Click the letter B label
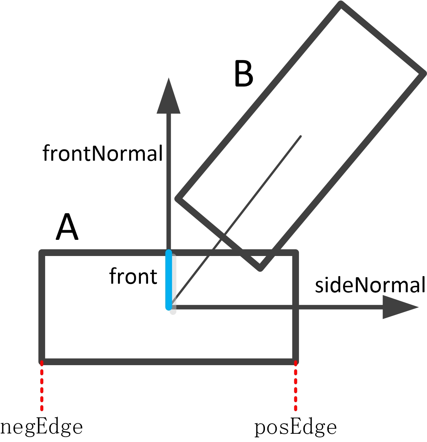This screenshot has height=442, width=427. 243,74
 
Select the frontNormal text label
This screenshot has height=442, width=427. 103,153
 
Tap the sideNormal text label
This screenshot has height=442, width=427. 370,285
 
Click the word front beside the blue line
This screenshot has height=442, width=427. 133,276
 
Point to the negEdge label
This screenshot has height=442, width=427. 42,427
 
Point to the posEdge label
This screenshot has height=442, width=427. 295,427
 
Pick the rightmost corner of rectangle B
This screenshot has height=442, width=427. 423,74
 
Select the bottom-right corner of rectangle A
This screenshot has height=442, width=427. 295,361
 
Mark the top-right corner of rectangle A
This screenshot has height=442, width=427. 295,253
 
